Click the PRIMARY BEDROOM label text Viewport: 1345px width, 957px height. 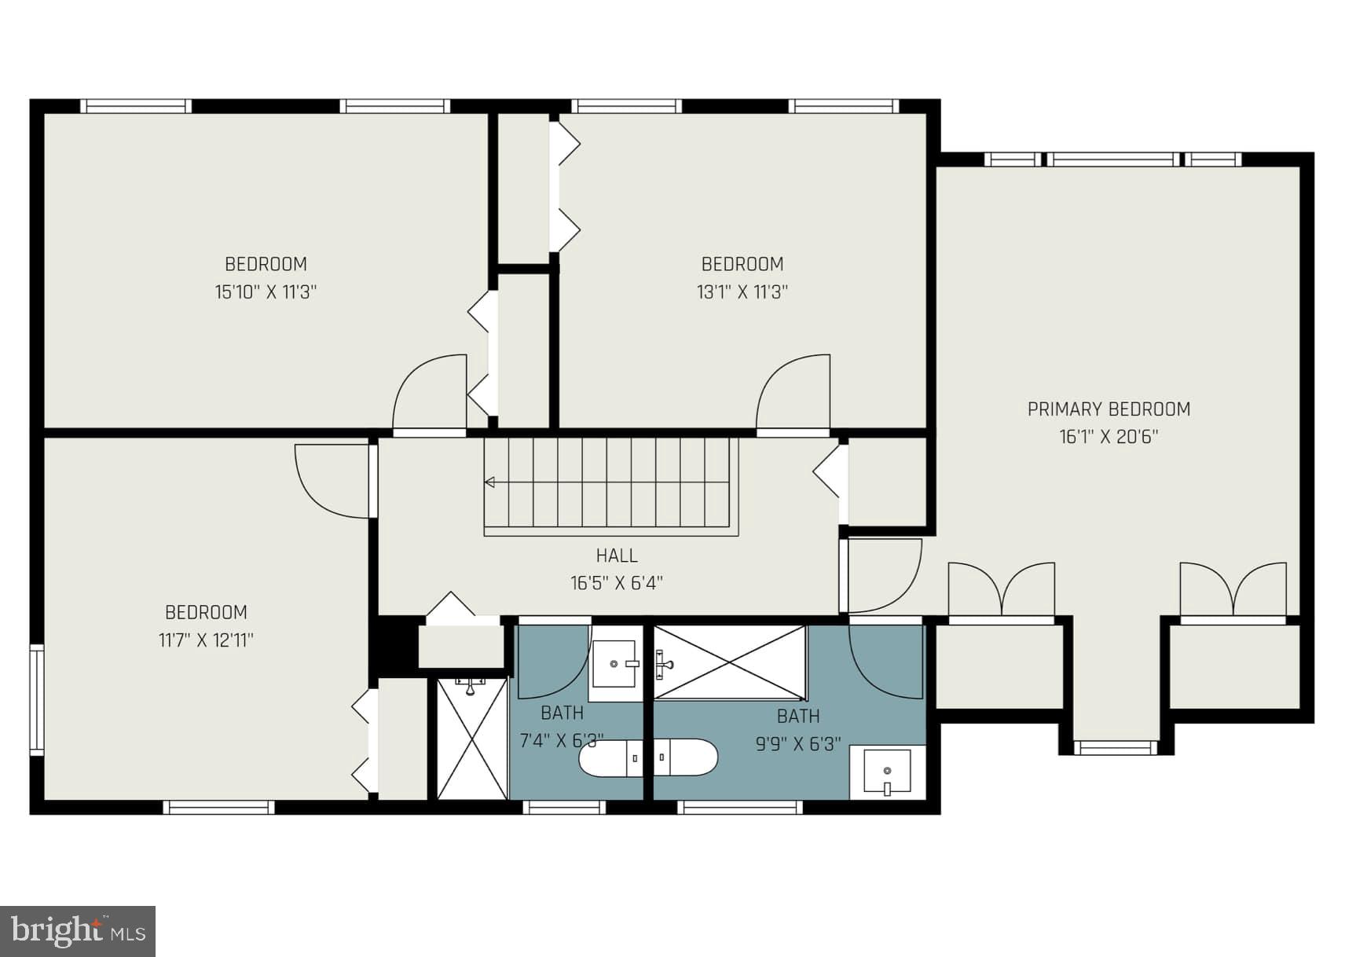coord(1109,409)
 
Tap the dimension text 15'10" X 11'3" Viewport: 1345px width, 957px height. coord(266,292)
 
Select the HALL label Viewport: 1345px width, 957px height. coord(617,555)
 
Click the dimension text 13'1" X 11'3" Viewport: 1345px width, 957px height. coord(742,292)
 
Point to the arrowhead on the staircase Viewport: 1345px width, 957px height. coord(490,482)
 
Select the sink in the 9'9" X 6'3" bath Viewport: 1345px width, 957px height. coord(887,772)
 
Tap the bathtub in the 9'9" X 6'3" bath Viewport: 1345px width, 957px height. coord(730,662)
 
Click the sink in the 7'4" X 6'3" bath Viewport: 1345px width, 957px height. coord(613,664)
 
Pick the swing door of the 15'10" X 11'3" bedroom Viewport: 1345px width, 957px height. coord(431,393)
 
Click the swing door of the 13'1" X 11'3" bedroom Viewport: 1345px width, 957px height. coord(793,393)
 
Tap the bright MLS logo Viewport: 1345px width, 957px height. coord(78,931)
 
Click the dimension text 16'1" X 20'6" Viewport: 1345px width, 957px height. coord(1109,437)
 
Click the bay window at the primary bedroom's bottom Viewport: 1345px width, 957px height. coord(1116,747)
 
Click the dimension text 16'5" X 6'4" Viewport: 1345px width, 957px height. coord(617,583)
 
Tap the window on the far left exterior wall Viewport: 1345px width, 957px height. coord(36,699)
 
